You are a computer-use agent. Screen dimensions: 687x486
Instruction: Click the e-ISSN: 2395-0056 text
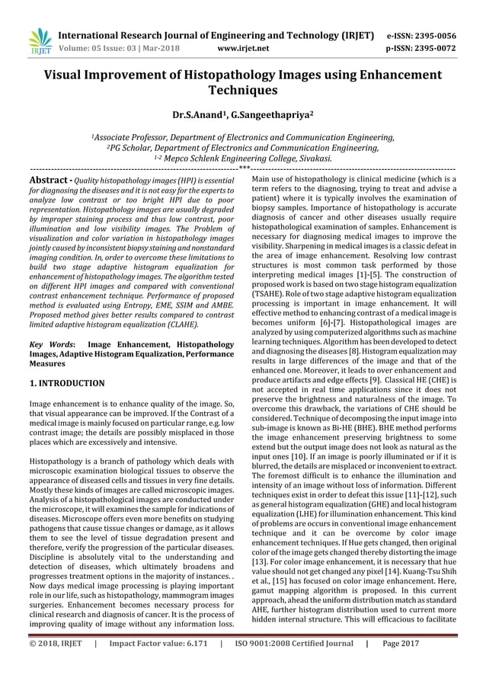tap(422, 35)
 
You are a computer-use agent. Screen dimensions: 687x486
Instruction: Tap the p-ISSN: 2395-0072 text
tap(422, 47)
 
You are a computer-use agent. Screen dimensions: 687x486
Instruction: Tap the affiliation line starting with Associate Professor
tap(243, 138)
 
